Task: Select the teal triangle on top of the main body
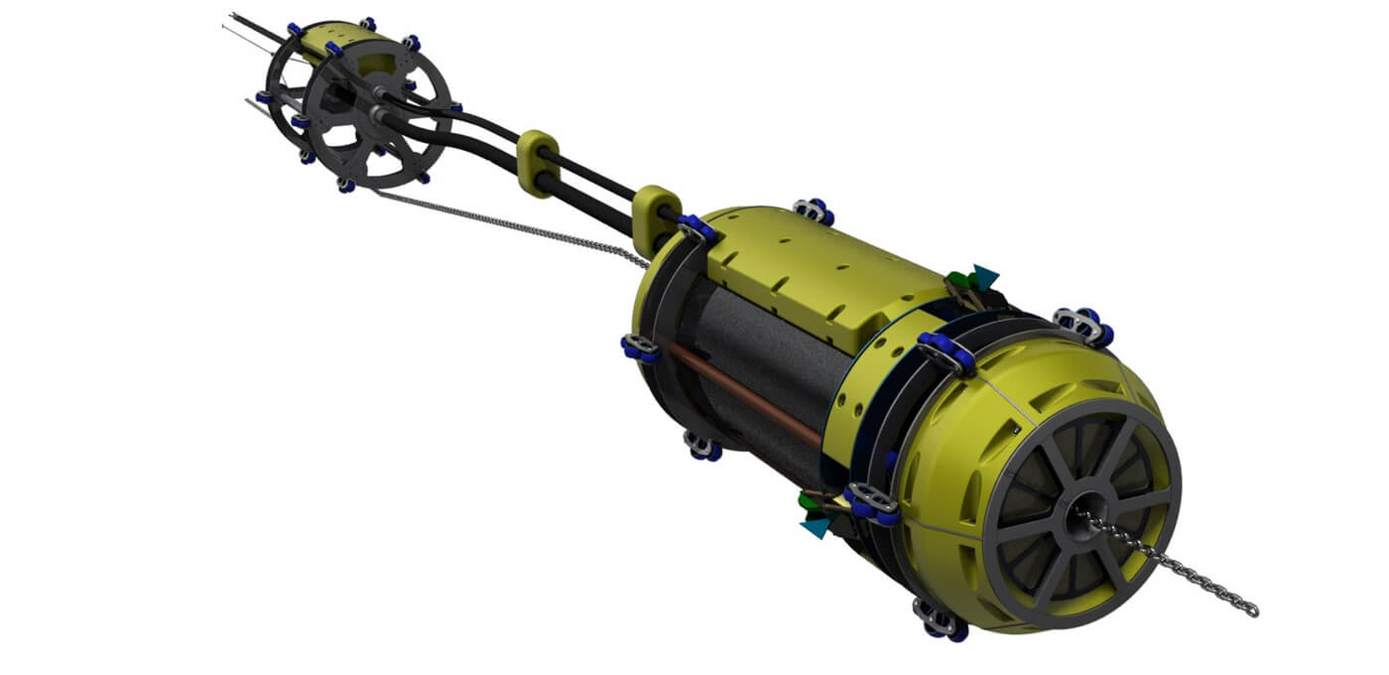[x=984, y=275]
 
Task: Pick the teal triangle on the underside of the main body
[x=816, y=525]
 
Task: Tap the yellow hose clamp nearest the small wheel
[x=538, y=160]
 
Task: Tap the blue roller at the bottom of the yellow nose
[x=939, y=621]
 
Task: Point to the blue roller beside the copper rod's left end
[x=640, y=347]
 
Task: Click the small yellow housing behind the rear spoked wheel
[x=337, y=40]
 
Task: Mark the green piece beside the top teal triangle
[x=958, y=280]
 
